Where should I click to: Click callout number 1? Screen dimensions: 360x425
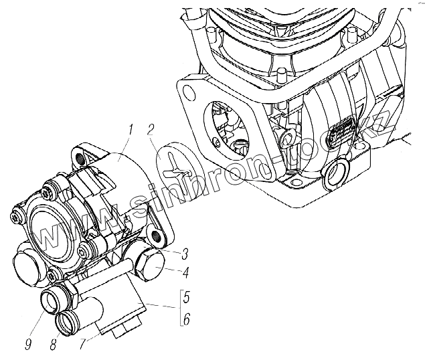[x=133, y=127]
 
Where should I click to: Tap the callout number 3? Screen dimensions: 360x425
[x=185, y=254]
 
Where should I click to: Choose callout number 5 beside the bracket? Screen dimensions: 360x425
[x=186, y=297]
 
